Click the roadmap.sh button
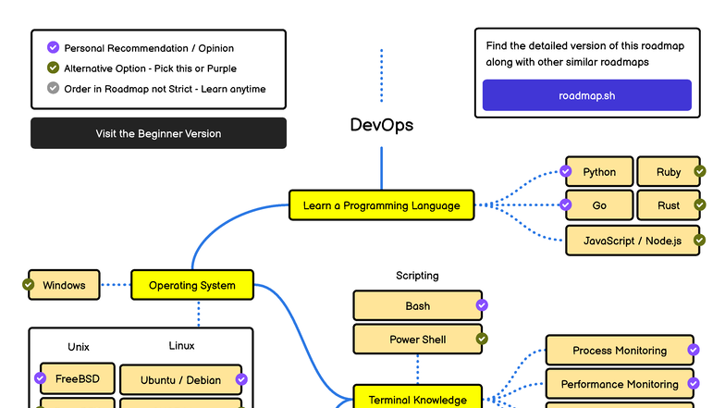click(x=586, y=95)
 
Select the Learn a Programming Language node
click(x=381, y=205)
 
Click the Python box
click(x=599, y=172)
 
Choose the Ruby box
click(x=669, y=172)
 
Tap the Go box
click(x=599, y=205)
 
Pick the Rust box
click(x=669, y=205)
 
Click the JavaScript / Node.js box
click(x=632, y=241)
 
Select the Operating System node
click(x=191, y=286)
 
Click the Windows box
click(x=64, y=285)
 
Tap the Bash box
click(x=417, y=306)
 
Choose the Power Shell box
click(x=417, y=340)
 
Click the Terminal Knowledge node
click(x=417, y=399)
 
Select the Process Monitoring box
click(x=619, y=351)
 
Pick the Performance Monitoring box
click(x=619, y=384)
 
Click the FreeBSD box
click(x=77, y=379)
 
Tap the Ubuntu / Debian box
click(x=180, y=380)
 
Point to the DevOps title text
click(x=381, y=125)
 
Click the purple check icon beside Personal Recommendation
click(x=53, y=47)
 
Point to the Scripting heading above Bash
click(x=417, y=276)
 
